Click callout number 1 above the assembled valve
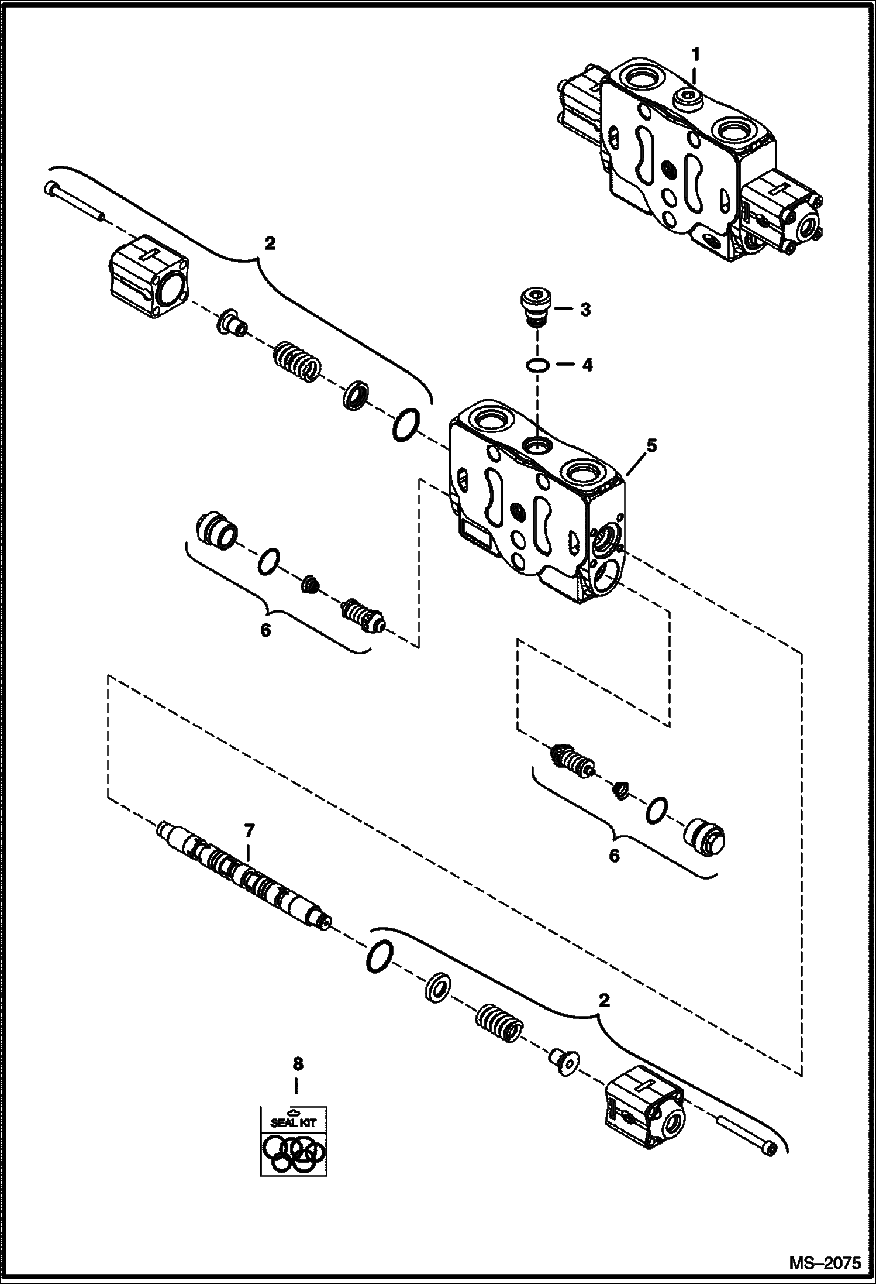[x=695, y=55]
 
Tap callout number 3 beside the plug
[x=585, y=310]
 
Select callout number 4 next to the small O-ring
[x=587, y=366]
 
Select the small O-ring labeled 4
[x=537, y=366]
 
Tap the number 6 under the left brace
[x=265, y=631]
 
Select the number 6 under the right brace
[x=613, y=856]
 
